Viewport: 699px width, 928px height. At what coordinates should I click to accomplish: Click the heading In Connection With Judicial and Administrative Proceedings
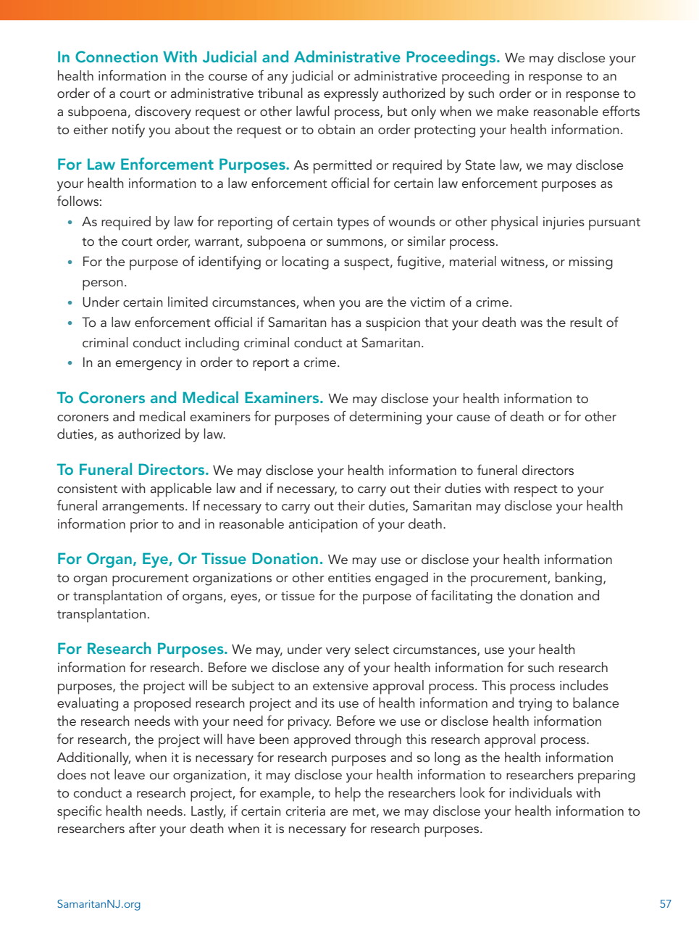(278, 57)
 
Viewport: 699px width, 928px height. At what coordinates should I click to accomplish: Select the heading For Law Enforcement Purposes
(173, 165)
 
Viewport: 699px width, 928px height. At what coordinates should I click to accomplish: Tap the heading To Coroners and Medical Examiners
(190, 398)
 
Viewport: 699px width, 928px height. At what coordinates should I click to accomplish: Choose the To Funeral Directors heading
(133, 470)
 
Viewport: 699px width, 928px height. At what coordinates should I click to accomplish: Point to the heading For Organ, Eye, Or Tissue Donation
(190, 559)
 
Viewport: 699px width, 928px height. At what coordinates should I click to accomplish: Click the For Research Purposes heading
(142, 649)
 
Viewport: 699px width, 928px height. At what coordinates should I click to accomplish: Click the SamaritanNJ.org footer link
(99, 904)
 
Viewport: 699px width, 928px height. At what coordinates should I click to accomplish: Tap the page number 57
(665, 904)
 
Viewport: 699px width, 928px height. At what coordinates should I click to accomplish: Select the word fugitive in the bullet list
(419, 262)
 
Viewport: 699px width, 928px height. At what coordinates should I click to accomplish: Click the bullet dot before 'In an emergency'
(70, 363)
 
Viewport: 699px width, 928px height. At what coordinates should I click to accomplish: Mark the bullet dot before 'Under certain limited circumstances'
(70, 303)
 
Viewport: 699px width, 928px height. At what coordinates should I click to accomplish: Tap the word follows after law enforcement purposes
(80, 202)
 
